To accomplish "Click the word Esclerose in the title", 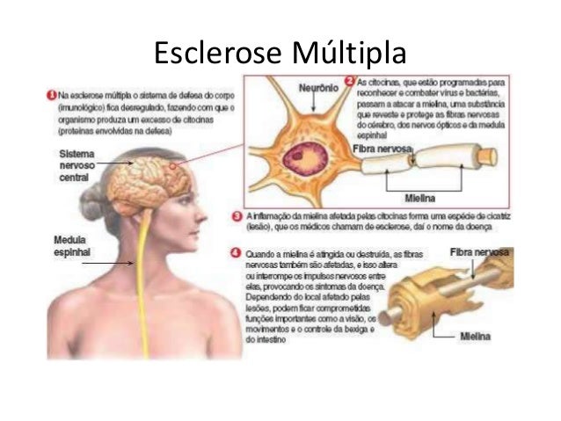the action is point(215,54).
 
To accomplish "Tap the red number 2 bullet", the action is point(349,80).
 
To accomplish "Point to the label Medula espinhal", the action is point(69,244).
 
